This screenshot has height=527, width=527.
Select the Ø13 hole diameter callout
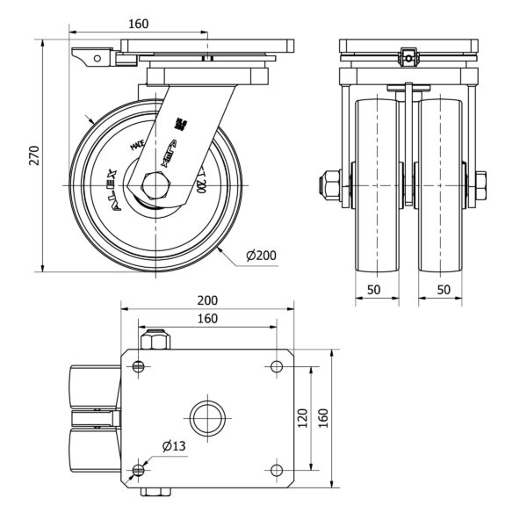tap(174, 446)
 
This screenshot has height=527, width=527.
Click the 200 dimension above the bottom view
tap(208, 300)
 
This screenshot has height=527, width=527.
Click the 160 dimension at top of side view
tap(138, 24)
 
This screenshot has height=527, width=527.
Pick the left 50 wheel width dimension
tap(373, 289)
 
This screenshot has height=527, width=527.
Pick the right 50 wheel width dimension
tap(444, 289)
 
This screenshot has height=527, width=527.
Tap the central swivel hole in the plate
tap(208, 416)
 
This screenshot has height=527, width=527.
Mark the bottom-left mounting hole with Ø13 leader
tap(139, 469)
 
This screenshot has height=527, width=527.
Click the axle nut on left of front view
tap(330, 184)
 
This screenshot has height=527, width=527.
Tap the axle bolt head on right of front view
tap(481, 184)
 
